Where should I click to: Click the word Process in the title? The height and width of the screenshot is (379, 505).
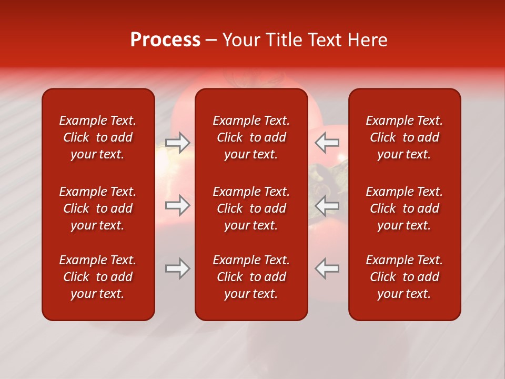tap(165, 40)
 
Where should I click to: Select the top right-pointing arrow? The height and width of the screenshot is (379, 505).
tap(178, 143)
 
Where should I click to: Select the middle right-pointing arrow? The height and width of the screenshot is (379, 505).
tap(178, 205)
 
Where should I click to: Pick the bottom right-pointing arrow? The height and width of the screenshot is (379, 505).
tap(178, 268)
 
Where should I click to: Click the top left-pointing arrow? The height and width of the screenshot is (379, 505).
tap(327, 143)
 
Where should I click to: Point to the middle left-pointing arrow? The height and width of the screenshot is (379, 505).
tap(327, 205)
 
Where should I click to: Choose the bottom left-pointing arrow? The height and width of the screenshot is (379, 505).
tap(327, 268)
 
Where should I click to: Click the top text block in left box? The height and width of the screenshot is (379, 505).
tap(98, 137)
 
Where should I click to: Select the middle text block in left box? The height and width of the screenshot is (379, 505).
tap(98, 208)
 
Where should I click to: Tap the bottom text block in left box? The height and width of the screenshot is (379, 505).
tap(98, 277)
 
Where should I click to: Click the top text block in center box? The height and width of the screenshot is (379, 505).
tap(251, 137)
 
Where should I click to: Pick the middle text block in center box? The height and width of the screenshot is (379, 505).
tap(251, 208)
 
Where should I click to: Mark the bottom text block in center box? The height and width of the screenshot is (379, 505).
tap(251, 277)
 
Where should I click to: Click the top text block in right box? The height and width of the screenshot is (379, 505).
tap(405, 137)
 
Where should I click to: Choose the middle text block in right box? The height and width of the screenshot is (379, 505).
tap(405, 208)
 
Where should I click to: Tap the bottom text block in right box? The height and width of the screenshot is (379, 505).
tap(405, 277)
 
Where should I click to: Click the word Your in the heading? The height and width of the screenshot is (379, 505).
tap(241, 40)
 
